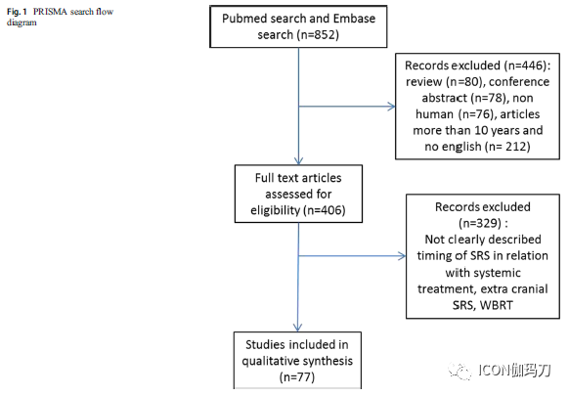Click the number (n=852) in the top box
tap(318, 35)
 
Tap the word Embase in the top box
tap(354, 19)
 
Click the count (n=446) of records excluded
tap(524, 66)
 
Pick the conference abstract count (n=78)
tap(489, 98)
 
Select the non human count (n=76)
tap(476, 114)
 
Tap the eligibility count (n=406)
tap(325, 210)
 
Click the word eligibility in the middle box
tap(276, 210)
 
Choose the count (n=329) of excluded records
tap(480, 223)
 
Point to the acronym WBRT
tap(496, 305)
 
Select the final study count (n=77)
tap(297, 377)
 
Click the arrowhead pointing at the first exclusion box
tap(392, 107)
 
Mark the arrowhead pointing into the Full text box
tap(298, 161)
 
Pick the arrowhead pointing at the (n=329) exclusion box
tap(402, 256)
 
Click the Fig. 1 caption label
tap(17, 12)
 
